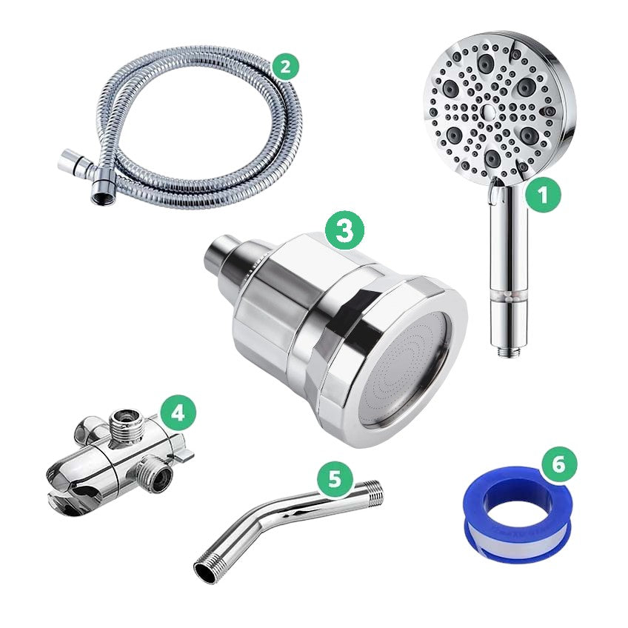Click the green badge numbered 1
(543, 196)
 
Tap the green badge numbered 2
(285, 67)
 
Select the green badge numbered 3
(344, 230)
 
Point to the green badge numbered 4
(178, 412)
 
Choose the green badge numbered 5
(335, 478)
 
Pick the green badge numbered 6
(559, 464)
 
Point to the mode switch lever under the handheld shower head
(495, 193)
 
